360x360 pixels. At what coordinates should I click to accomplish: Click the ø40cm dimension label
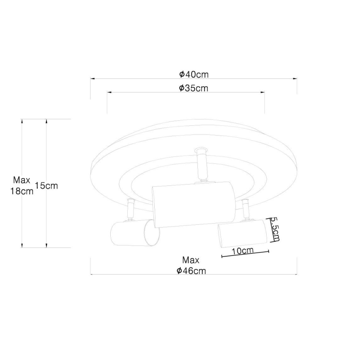click(x=194, y=74)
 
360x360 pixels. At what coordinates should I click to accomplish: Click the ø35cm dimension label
click(x=194, y=88)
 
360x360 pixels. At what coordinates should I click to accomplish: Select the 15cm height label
click(x=46, y=186)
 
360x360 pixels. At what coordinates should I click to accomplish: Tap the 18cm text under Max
click(x=22, y=191)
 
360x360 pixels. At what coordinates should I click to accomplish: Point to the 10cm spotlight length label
click(x=243, y=251)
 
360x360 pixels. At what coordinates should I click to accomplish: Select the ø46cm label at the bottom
click(x=191, y=271)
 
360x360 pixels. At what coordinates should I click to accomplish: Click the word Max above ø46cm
click(x=191, y=260)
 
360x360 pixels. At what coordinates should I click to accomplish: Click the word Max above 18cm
click(x=22, y=180)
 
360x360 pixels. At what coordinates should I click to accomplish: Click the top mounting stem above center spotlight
click(x=201, y=164)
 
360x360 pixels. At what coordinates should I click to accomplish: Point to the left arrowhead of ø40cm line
click(x=92, y=78)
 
